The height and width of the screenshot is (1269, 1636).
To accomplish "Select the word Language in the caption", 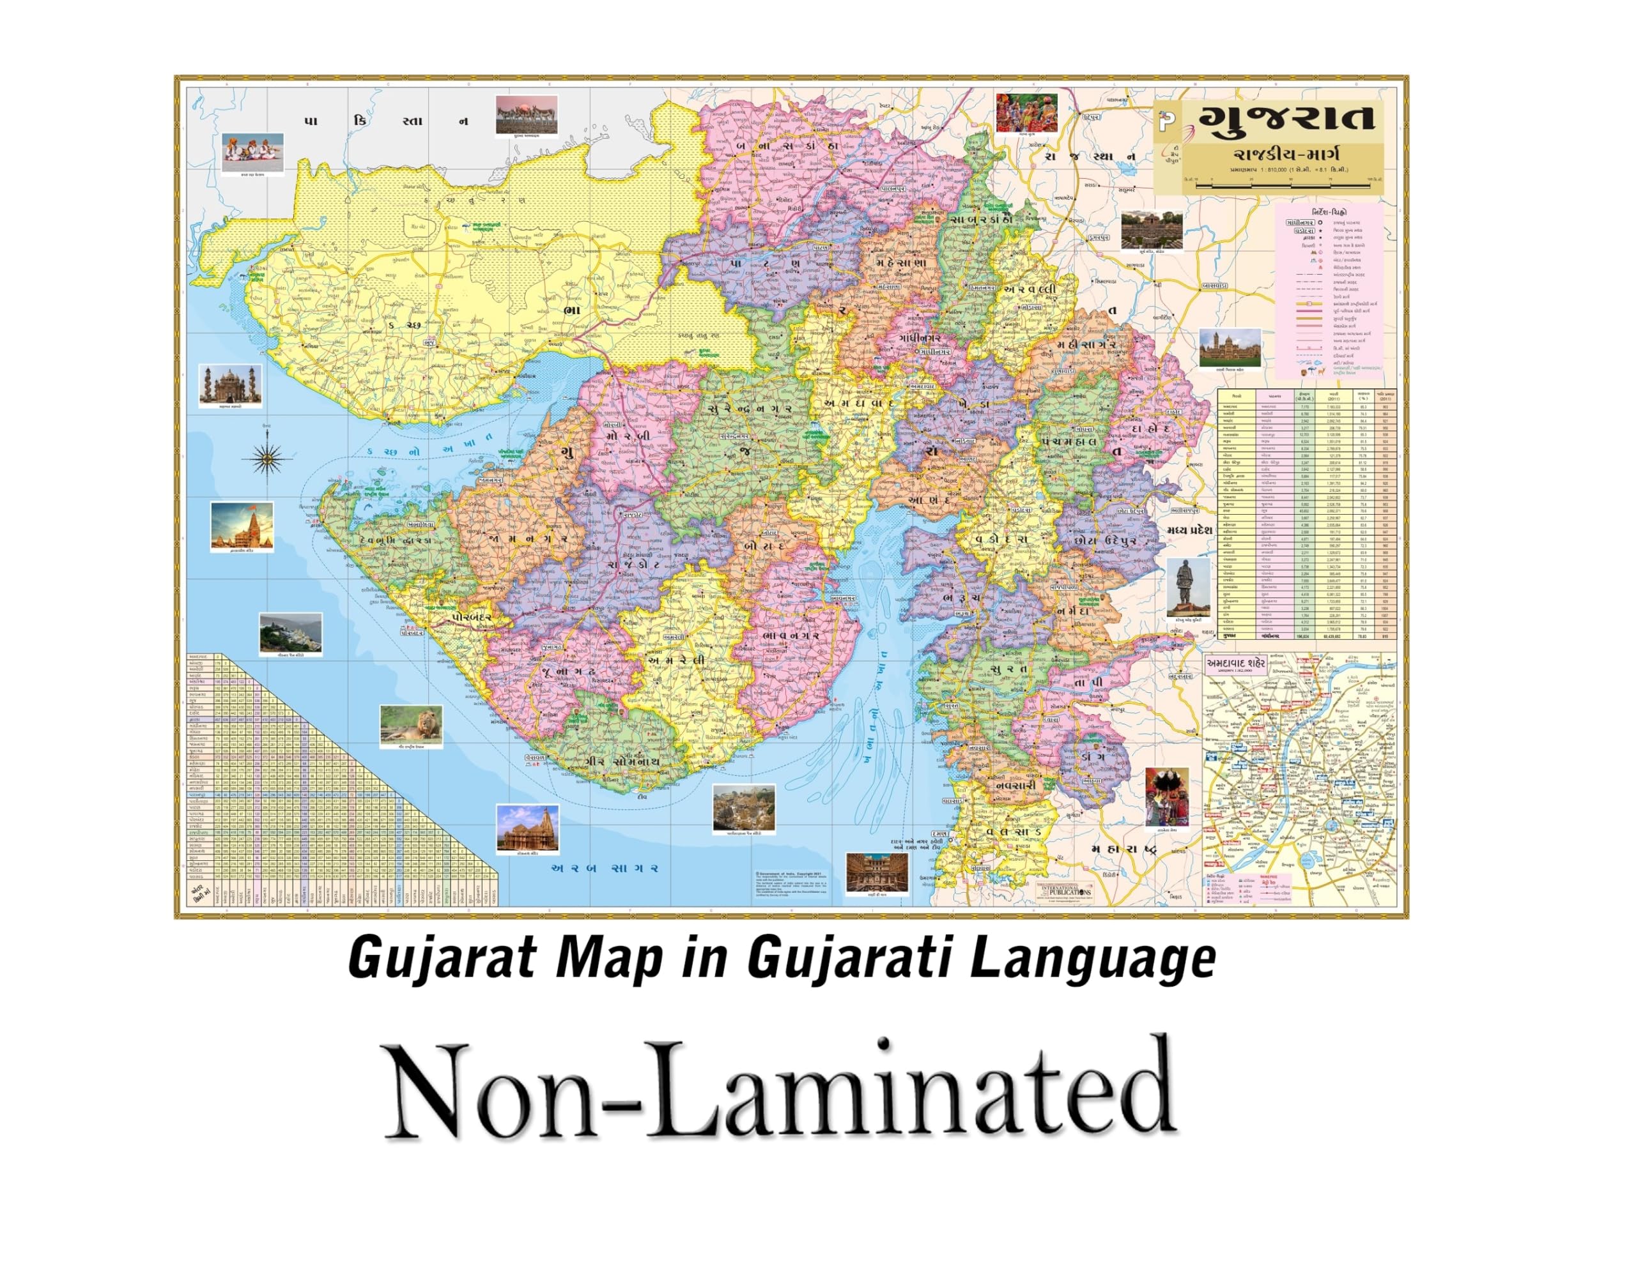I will tap(1093, 961).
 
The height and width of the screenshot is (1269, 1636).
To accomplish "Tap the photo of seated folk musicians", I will tap(253, 152).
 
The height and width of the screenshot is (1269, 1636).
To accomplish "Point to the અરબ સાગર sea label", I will tap(605, 869).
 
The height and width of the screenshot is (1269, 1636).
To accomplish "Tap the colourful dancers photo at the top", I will tap(1026, 112).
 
